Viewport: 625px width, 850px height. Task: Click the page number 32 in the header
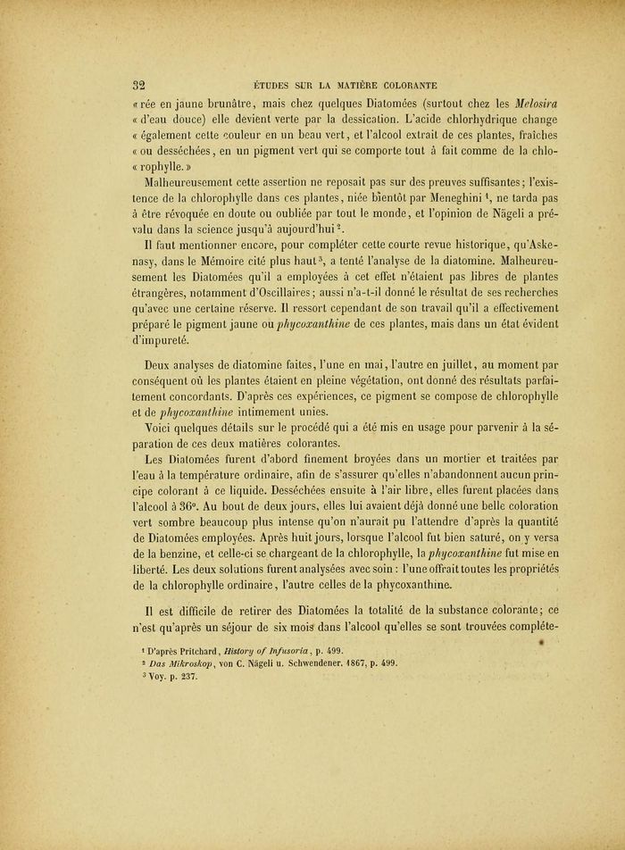[139, 86]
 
